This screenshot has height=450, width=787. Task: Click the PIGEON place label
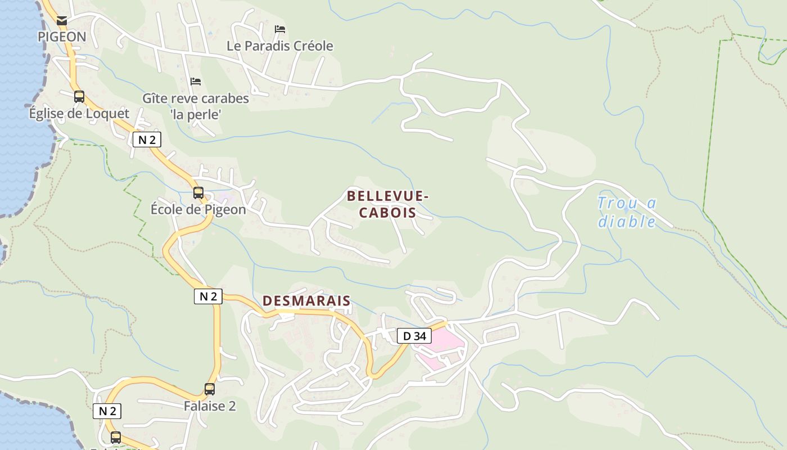click(x=62, y=37)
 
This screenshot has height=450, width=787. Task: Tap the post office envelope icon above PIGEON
click(x=62, y=21)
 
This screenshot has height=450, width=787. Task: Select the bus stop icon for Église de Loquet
click(x=79, y=97)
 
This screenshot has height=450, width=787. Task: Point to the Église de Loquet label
click(x=79, y=114)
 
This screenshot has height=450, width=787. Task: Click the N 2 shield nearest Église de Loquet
click(x=147, y=139)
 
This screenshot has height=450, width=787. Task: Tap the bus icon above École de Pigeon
click(x=198, y=193)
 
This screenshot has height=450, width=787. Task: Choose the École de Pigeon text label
click(x=198, y=210)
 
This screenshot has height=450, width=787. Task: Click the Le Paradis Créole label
click(x=280, y=46)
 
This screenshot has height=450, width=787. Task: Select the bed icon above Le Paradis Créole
click(x=280, y=29)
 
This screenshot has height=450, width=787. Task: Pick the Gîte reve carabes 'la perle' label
click(x=196, y=106)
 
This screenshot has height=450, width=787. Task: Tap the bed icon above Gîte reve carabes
click(x=196, y=82)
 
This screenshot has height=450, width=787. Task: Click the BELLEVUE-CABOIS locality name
click(x=388, y=204)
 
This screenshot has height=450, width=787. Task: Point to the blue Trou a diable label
click(x=627, y=212)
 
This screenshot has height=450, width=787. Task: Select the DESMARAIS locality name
click(x=306, y=301)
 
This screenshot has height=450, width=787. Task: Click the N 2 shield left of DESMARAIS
click(x=208, y=296)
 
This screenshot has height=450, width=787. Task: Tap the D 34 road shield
click(x=414, y=336)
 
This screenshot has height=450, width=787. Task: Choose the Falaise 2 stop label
click(x=210, y=406)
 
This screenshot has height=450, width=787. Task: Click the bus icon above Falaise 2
click(x=210, y=389)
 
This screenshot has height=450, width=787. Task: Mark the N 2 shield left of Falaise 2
click(x=107, y=411)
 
